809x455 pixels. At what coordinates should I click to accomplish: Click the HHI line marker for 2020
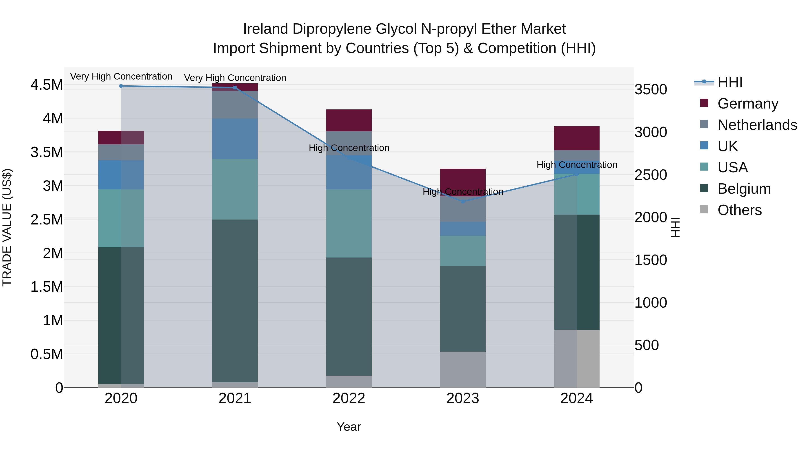point(121,86)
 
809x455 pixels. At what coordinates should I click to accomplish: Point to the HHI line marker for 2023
point(463,202)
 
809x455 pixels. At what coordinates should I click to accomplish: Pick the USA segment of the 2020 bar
point(121,218)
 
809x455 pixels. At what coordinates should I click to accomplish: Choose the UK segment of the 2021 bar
point(235,138)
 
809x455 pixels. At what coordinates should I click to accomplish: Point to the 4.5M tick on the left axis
point(47,85)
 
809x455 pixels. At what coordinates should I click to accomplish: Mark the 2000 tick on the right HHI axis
point(650,217)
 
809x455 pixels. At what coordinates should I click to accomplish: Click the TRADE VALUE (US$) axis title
point(7,227)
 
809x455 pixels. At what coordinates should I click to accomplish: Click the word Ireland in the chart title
point(265,29)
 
